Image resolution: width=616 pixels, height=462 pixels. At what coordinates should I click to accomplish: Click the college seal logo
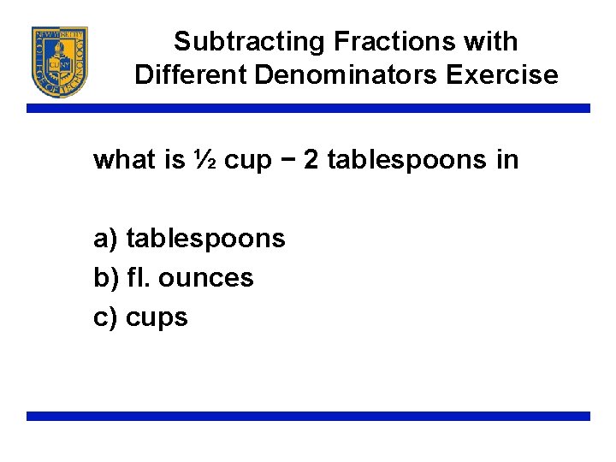[60, 62]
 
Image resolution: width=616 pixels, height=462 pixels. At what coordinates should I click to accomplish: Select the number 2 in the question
[311, 160]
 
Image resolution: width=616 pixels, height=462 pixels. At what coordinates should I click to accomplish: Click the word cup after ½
[247, 162]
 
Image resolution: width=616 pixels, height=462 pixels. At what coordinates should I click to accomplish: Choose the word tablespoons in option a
[205, 239]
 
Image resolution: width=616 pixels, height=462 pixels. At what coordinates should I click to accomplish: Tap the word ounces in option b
[210, 278]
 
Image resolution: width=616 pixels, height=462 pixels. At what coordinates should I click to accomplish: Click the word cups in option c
[157, 318]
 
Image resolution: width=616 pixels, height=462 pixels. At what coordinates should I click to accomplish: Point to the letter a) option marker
[105, 239]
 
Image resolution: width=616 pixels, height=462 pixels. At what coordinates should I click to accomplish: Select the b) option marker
[105, 278]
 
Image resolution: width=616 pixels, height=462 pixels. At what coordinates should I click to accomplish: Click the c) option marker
[105, 317]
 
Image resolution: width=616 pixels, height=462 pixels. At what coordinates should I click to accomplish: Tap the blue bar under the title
[308, 109]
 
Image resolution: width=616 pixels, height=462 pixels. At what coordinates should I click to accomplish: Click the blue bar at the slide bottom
[308, 416]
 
